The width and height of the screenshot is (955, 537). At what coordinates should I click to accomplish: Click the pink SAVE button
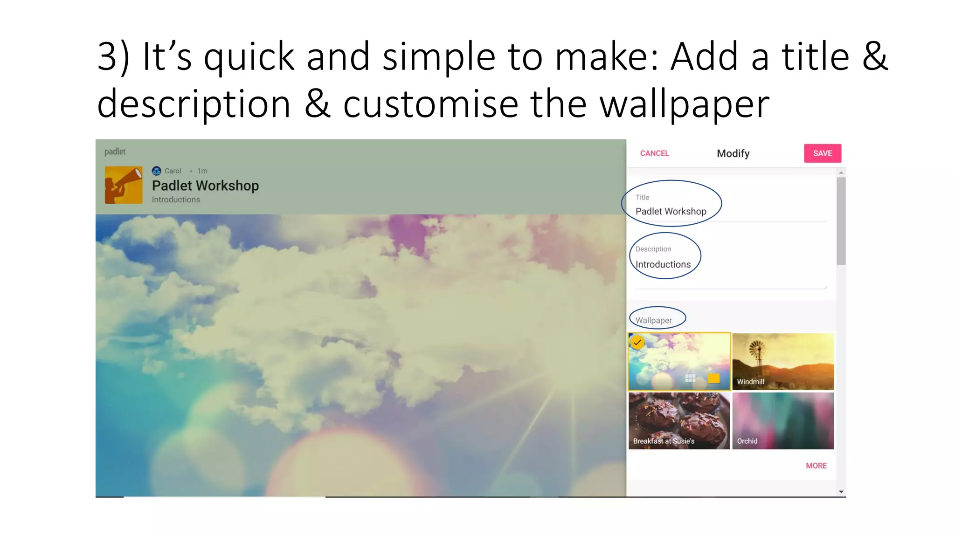(822, 153)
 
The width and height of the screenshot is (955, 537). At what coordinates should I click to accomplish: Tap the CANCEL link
(654, 153)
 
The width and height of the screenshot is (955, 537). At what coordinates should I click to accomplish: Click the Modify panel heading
(733, 153)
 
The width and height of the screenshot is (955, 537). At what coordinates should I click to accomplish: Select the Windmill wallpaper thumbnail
(783, 361)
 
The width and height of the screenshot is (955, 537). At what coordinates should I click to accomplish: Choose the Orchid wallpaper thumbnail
(783, 420)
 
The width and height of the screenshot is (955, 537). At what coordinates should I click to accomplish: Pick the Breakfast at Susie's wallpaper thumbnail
(679, 420)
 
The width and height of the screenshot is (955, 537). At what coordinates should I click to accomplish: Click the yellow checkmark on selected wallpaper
(637, 343)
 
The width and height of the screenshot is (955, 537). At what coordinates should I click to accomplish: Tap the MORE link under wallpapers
(816, 466)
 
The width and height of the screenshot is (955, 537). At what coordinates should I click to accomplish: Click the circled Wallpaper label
(654, 320)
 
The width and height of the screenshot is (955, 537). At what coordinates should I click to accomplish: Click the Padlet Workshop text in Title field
(671, 211)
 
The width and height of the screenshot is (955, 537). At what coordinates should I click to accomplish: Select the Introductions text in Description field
(663, 264)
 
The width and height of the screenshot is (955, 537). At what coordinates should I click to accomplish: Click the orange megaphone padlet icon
(124, 185)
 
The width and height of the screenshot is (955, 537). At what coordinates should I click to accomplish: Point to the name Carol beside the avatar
(173, 171)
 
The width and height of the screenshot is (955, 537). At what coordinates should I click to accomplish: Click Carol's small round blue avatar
(157, 171)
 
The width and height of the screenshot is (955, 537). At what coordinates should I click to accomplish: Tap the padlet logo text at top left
(115, 151)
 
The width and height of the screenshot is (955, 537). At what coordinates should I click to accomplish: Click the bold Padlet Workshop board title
(205, 186)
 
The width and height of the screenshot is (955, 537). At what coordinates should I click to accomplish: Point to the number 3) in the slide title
(113, 57)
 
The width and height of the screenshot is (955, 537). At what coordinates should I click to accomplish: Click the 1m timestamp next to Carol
(202, 171)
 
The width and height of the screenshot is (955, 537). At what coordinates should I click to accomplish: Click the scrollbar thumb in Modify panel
(841, 221)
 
